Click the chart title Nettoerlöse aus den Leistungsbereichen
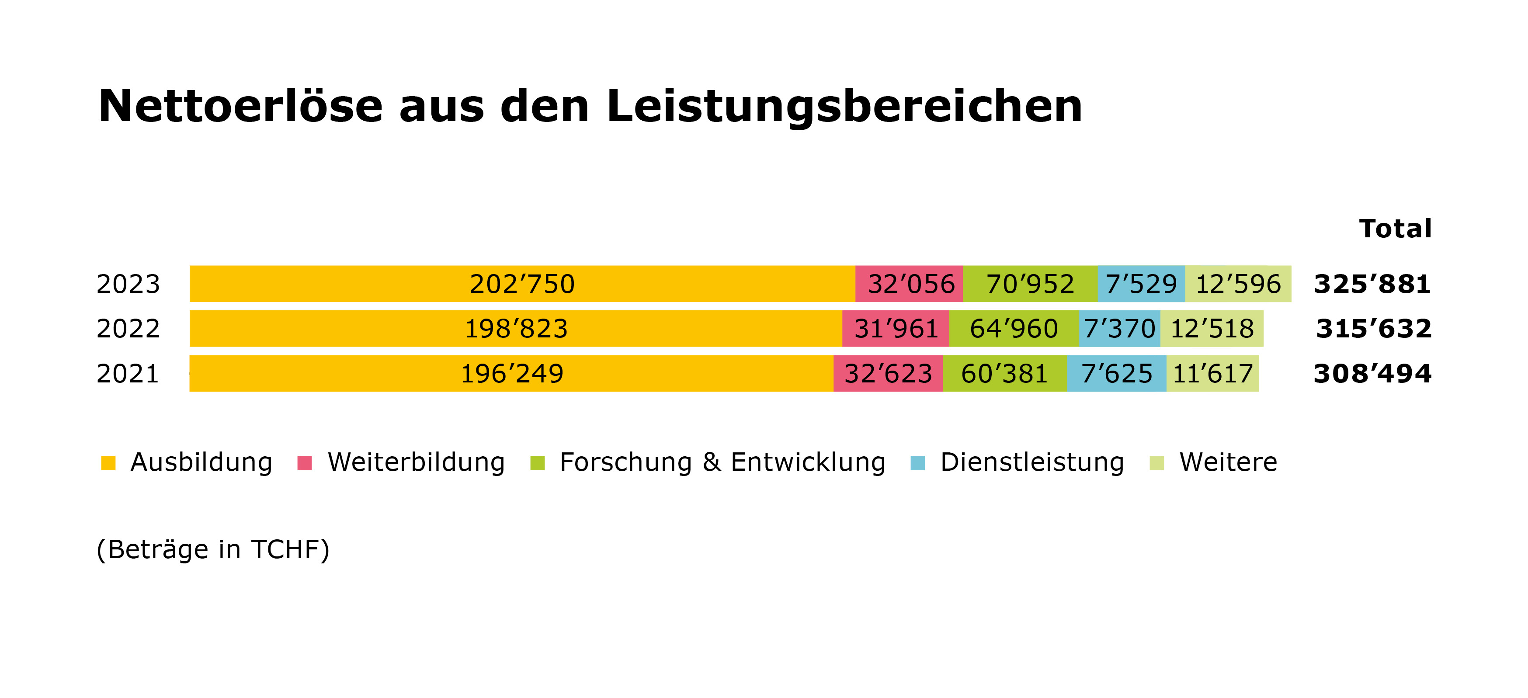click(x=590, y=107)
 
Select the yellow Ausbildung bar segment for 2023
click(x=522, y=284)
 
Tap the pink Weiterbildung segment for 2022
click(x=895, y=329)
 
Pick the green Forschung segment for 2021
click(x=1004, y=374)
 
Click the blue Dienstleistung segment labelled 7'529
click(x=1141, y=284)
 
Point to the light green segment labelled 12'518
click(x=1212, y=329)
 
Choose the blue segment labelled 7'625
click(x=1116, y=374)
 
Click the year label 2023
click(x=128, y=284)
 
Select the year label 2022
click(x=128, y=329)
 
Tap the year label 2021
click(x=128, y=374)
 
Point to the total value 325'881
click(x=1372, y=284)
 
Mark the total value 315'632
click(x=1373, y=329)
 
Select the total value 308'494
click(x=1372, y=374)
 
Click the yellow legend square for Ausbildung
click(x=108, y=462)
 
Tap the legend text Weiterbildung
click(x=416, y=462)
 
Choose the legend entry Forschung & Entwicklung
click(x=722, y=462)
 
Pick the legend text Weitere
click(x=1228, y=462)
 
